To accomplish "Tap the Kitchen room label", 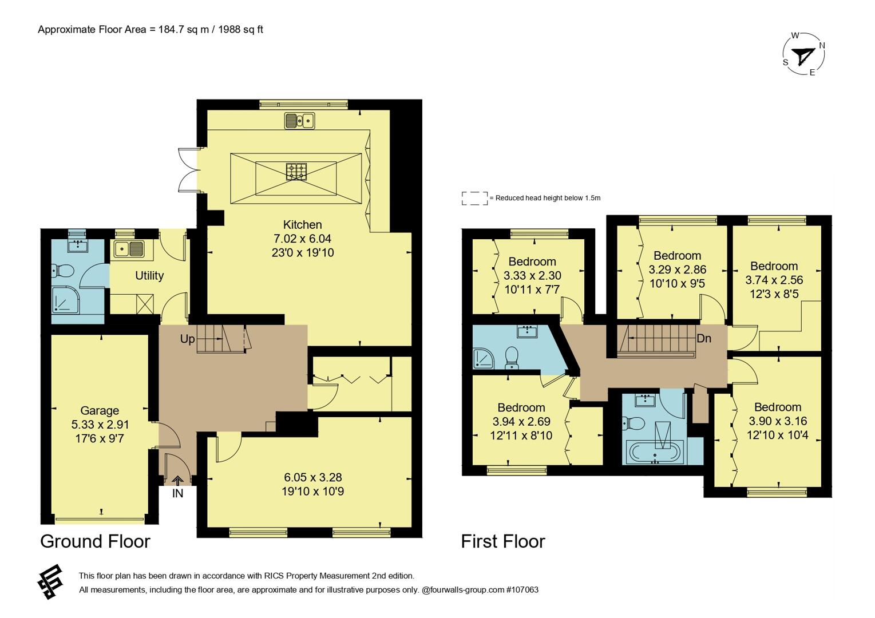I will [x=302, y=225].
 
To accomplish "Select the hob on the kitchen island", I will [x=296, y=171].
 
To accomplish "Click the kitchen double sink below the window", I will [x=300, y=121].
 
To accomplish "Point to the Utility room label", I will [x=149, y=275].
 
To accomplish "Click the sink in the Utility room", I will [x=129, y=249].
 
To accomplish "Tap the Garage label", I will [x=100, y=410].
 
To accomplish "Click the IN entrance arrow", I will [x=177, y=483].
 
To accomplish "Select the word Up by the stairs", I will [x=187, y=339].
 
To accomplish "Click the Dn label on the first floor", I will [x=703, y=338].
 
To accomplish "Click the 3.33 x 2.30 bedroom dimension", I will [x=532, y=275].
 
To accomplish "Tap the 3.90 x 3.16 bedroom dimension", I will [x=777, y=421].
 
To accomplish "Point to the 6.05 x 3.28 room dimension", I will [x=312, y=477].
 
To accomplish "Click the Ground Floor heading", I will [x=95, y=541].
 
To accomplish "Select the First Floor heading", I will [x=503, y=541].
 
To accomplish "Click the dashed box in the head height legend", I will [x=474, y=198].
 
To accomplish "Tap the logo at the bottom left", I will [x=50, y=582].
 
